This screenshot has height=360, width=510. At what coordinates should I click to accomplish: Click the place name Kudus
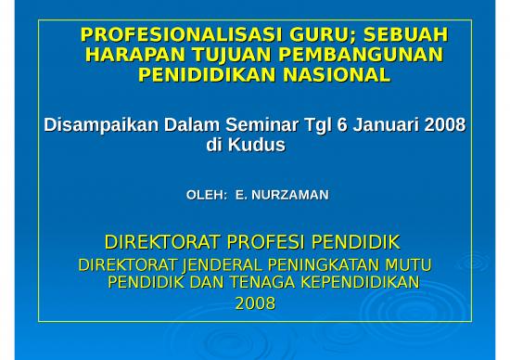[x=258, y=146]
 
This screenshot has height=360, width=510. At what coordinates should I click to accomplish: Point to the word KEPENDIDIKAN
[x=361, y=282]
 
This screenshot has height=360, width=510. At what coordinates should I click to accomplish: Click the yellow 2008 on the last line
[x=255, y=302]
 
